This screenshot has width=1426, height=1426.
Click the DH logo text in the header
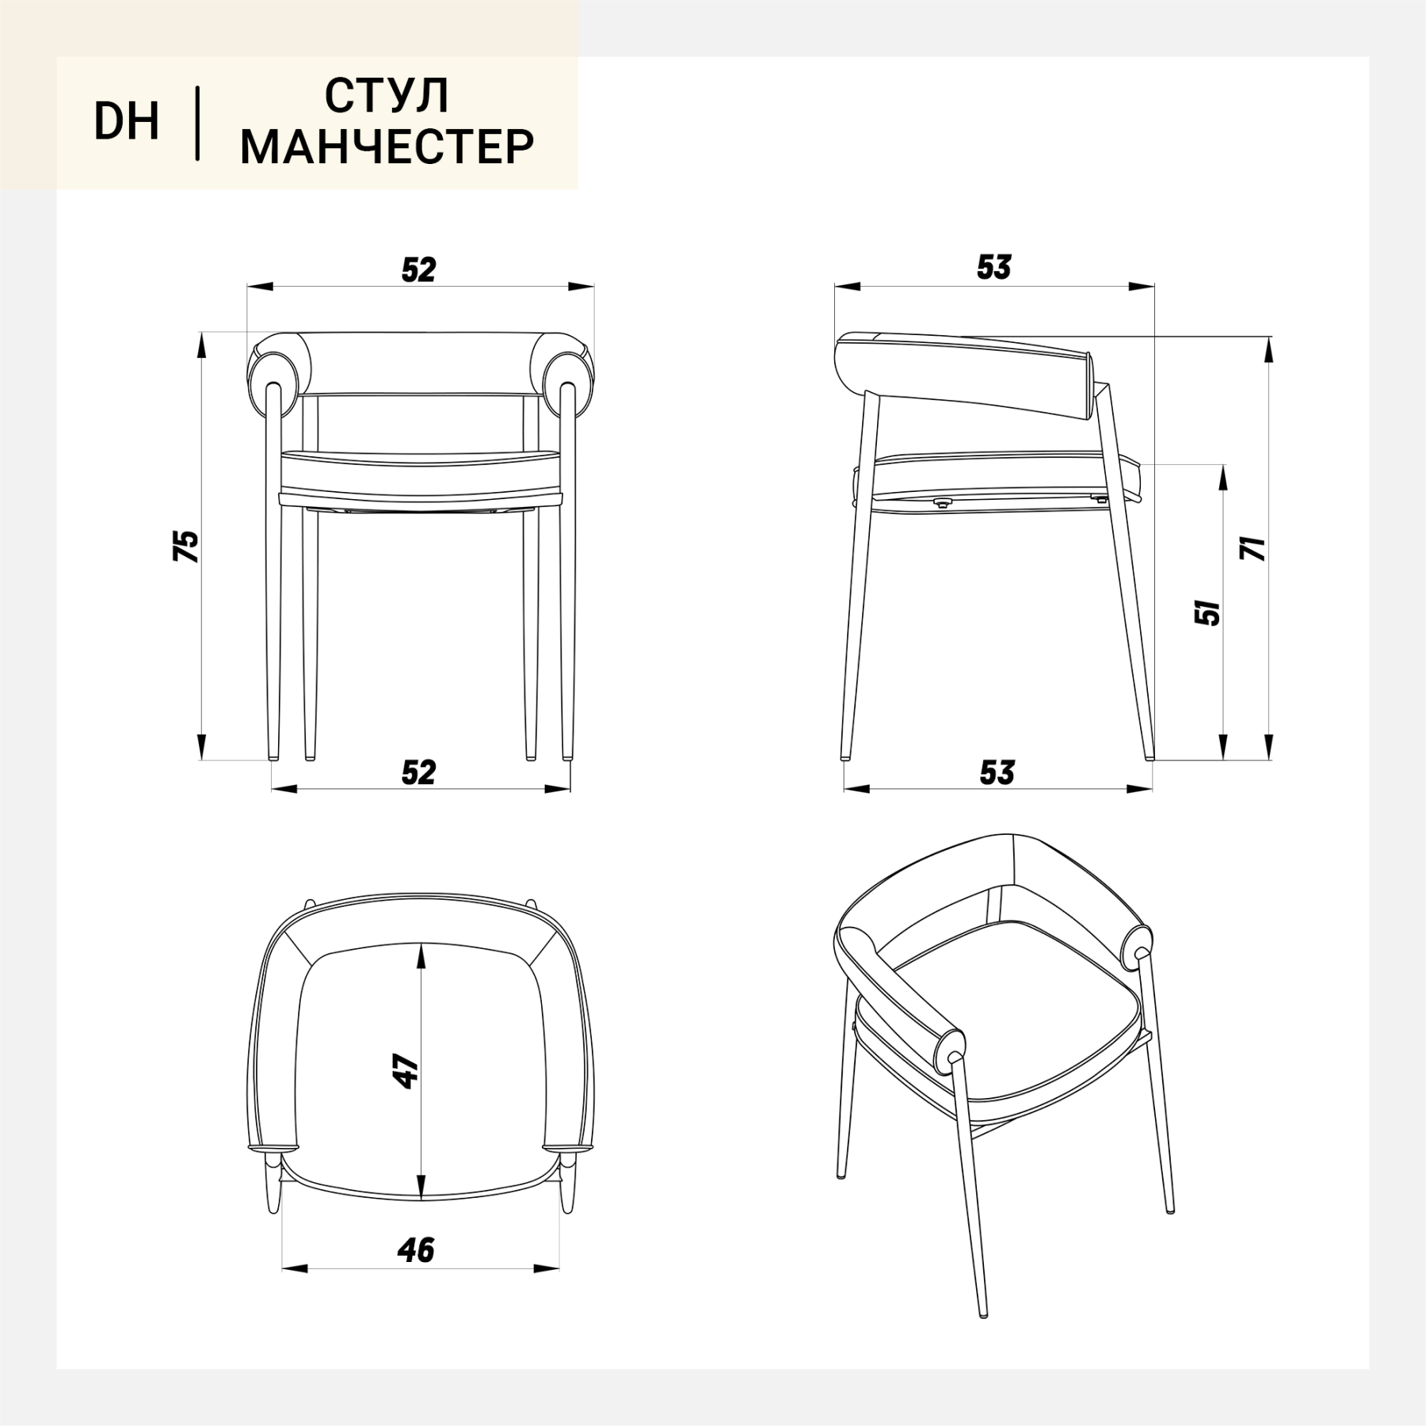tap(127, 121)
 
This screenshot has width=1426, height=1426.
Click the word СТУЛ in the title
tap(387, 96)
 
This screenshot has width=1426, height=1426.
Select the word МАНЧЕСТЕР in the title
tap(387, 147)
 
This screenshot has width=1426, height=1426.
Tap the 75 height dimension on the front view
tap(186, 546)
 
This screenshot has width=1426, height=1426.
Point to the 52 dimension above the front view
tap(419, 270)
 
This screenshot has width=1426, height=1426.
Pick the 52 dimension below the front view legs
tap(419, 772)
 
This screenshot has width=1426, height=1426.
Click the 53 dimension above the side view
tap(994, 268)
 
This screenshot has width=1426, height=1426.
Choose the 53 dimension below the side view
tap(997, 772)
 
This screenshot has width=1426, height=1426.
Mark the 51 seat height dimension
tap(1208, 612)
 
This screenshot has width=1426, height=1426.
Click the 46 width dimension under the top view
tap(417, 1250)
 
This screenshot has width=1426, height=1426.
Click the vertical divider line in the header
tap(197, 124)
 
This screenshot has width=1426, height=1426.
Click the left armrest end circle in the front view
tap(274, 372)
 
